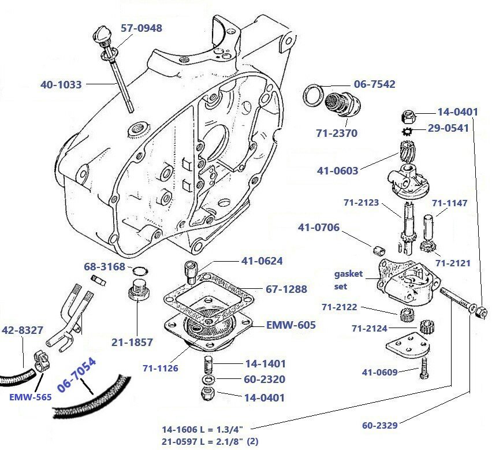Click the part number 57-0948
(x=141, y=28)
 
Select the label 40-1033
(x=61, y=85)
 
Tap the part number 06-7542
(x=374, y=84)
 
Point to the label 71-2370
(x=337, y=133)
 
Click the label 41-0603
(x=337, y=170)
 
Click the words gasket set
(x=348, y=280)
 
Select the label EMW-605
(x=290, y=325)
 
